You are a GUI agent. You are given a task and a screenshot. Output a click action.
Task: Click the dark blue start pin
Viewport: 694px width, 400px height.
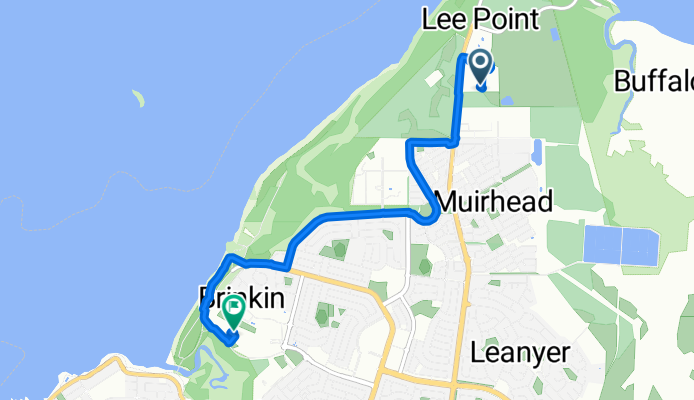pyautogui.click(x=480, y=67)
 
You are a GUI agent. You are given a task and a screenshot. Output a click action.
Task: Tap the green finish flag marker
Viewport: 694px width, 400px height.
pyautogui.click(x=234, y=311)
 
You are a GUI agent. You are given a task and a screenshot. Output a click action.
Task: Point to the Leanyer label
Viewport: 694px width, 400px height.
pyautogui.click(x=520, y=353)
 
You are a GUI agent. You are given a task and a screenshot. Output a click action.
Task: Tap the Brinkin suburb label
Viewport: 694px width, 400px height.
pyautogui.click(x=237, y=298)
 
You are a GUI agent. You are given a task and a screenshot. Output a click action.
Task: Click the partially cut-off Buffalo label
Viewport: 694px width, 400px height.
pyautogui.click(x=654, y=80)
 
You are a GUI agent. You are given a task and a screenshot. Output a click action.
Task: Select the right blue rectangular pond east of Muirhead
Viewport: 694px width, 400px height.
pyautogui.click(x=640, y=244)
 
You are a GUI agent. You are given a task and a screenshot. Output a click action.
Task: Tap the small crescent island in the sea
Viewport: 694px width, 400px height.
pyautogui.click(x=137, y=98)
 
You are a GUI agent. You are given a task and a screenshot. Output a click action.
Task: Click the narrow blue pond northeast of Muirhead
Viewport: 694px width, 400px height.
pyautogui.click(x=538, y=152)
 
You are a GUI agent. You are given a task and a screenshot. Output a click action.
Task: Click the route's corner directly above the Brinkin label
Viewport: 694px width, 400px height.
pyautogui.click(x=232, y=259)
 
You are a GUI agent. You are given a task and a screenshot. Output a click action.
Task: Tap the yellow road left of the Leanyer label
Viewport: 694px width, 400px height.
pyautogui.click(x=455, y=330)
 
